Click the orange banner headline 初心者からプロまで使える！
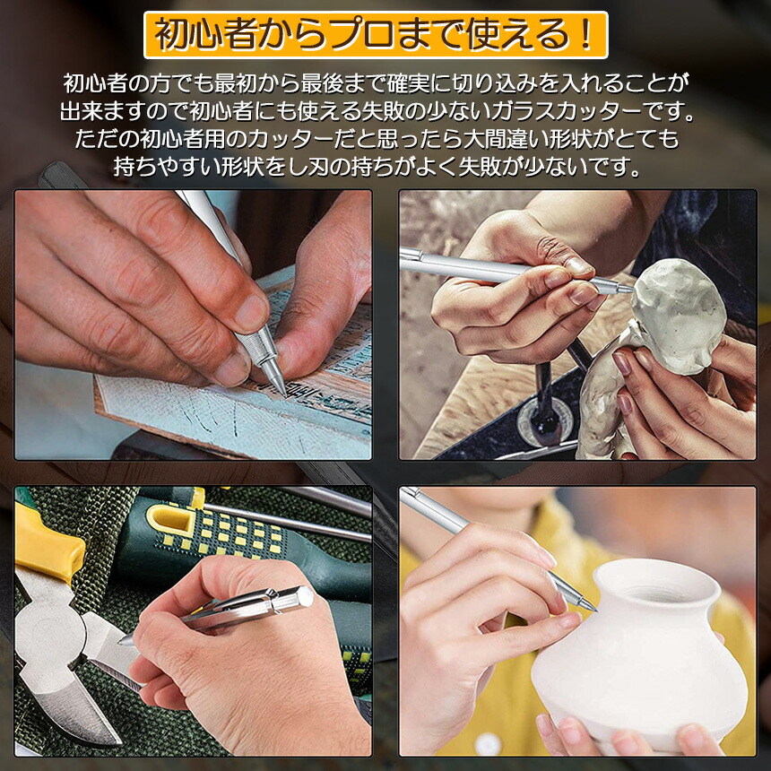point(376,35)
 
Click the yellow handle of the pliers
point(46,546)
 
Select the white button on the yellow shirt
point(488,744)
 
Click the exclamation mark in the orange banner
point(585,35)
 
